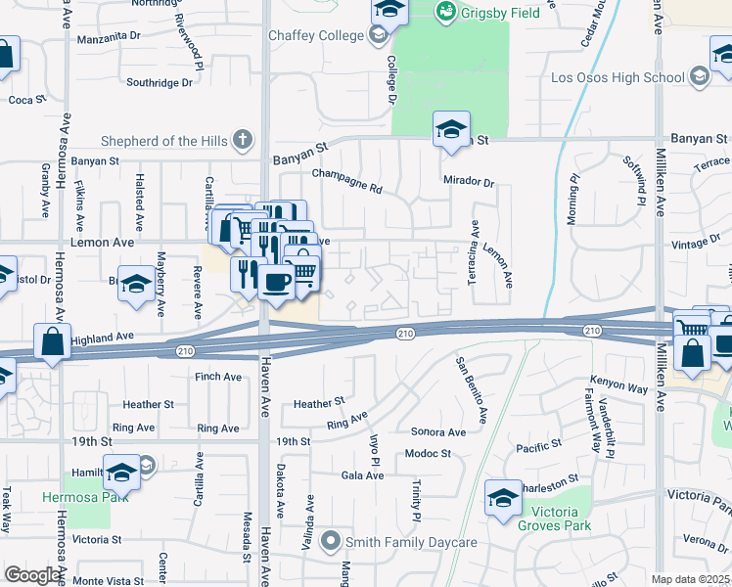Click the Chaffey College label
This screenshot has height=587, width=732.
pyautogui.click(x=313, y=36)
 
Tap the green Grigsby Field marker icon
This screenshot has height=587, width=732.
pyautogui.click(x=446, y=11)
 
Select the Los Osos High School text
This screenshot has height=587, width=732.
pyautogui.click(x=618, y=77)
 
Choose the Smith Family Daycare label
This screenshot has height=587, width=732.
pyautogui.click(x=413, y=542)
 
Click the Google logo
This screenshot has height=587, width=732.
pyautogui.click(x=31, y=575)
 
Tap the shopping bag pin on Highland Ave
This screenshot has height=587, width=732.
pyautogui.click(x=51, y=342)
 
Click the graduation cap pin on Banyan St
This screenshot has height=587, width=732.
pyautogui.click(x=451, y=129)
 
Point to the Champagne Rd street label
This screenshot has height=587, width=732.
pyautogui.click(x=346, y=174)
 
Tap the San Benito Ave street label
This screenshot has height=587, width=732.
pyautogui.click(x=472, y=389)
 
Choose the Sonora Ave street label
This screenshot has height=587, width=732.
pyautogui.click(x=437, y=431)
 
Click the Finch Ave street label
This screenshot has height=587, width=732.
pyautogui.click(x=217, y=377)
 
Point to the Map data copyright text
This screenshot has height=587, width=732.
pyautogui.click(x=691, y=579)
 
